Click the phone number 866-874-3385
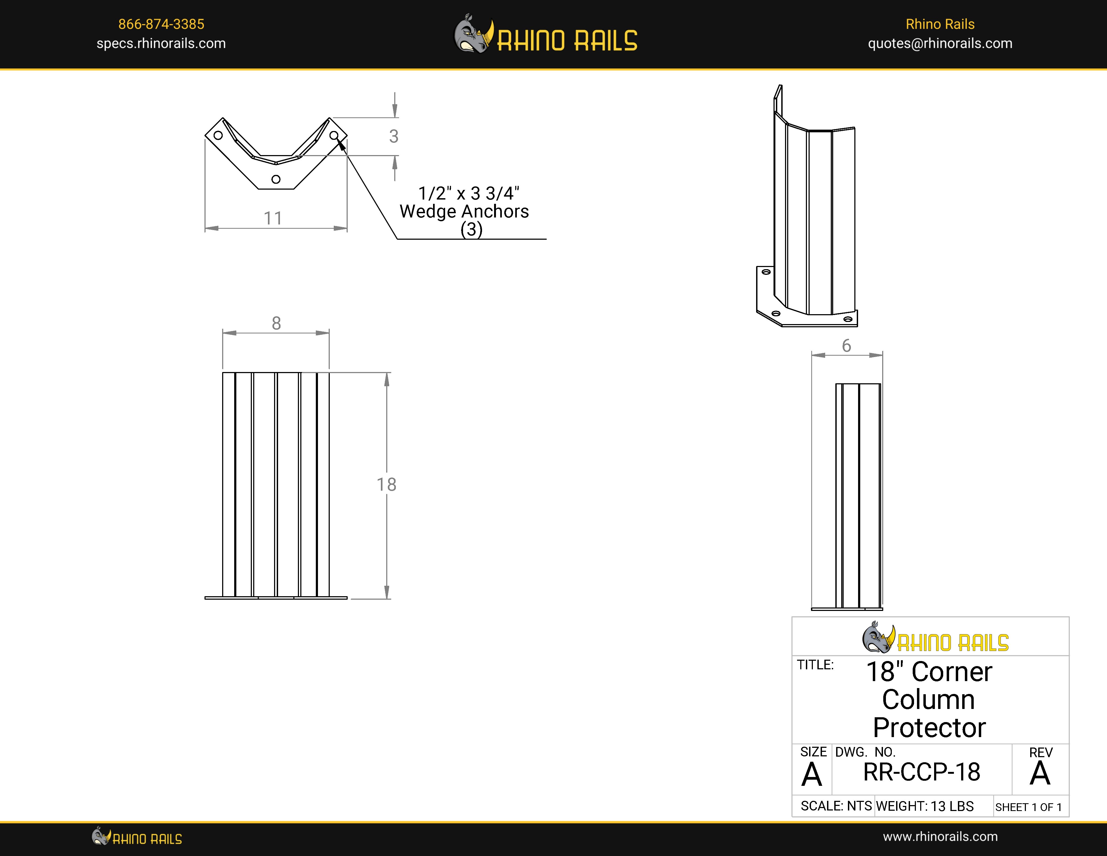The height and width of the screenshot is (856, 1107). point(161,24)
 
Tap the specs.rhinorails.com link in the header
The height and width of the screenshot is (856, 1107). point(161,44)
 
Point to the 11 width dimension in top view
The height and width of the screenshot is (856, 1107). point(273,218)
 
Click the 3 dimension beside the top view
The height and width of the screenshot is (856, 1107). point(394,136)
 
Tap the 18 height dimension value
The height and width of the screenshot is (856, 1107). point(386,484)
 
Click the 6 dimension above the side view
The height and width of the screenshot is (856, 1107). point(847,346)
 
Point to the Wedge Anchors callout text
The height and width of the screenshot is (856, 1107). point(464,212)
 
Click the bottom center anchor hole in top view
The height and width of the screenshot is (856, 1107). point(276,179)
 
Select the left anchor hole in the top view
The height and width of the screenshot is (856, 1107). point(218,136)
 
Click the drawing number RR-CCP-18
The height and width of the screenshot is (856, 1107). point(922,772)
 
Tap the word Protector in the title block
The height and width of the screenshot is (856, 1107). point(929,728)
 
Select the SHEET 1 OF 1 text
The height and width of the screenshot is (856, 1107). point(1028,807)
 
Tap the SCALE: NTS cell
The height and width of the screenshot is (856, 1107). point(836,806)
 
